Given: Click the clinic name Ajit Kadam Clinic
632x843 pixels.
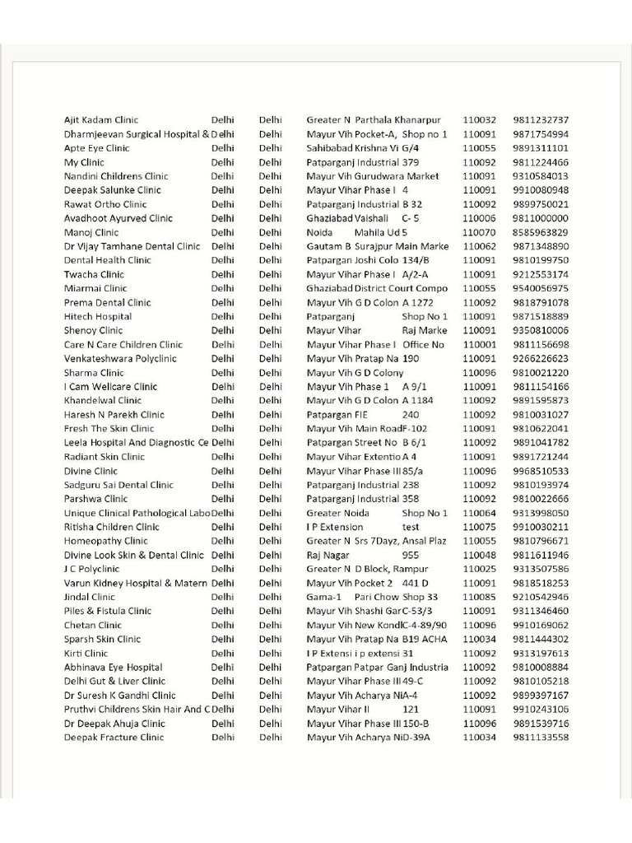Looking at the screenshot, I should [x=101, y=120].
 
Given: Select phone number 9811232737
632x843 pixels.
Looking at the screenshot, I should [x=540, y=120].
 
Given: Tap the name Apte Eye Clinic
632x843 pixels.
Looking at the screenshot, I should [x=96, y=148].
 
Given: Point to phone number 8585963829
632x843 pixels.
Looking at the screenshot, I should [x=540, y=232].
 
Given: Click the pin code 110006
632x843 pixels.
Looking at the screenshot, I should [x=479, y=218].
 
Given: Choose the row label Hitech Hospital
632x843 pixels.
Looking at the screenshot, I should [x=97, y=316].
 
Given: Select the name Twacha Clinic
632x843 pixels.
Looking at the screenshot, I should [x=94, y=274].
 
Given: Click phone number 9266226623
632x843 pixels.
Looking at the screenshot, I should [x=540, y=359].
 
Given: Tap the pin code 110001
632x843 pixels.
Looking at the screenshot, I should [x=479, y=345].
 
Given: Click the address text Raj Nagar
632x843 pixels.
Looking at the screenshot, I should [x=328, y=556].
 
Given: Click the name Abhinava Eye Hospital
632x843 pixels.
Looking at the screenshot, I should [x=113, y=668].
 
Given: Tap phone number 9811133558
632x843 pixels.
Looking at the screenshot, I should [x=540, y=738].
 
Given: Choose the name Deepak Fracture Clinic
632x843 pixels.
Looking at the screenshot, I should [x=114, y=738].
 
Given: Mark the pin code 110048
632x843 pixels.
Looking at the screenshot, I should [x=479, y=556].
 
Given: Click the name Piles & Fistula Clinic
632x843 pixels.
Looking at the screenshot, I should [x=108, y=612].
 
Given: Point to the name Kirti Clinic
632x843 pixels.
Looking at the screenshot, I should [x=86, y=654].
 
